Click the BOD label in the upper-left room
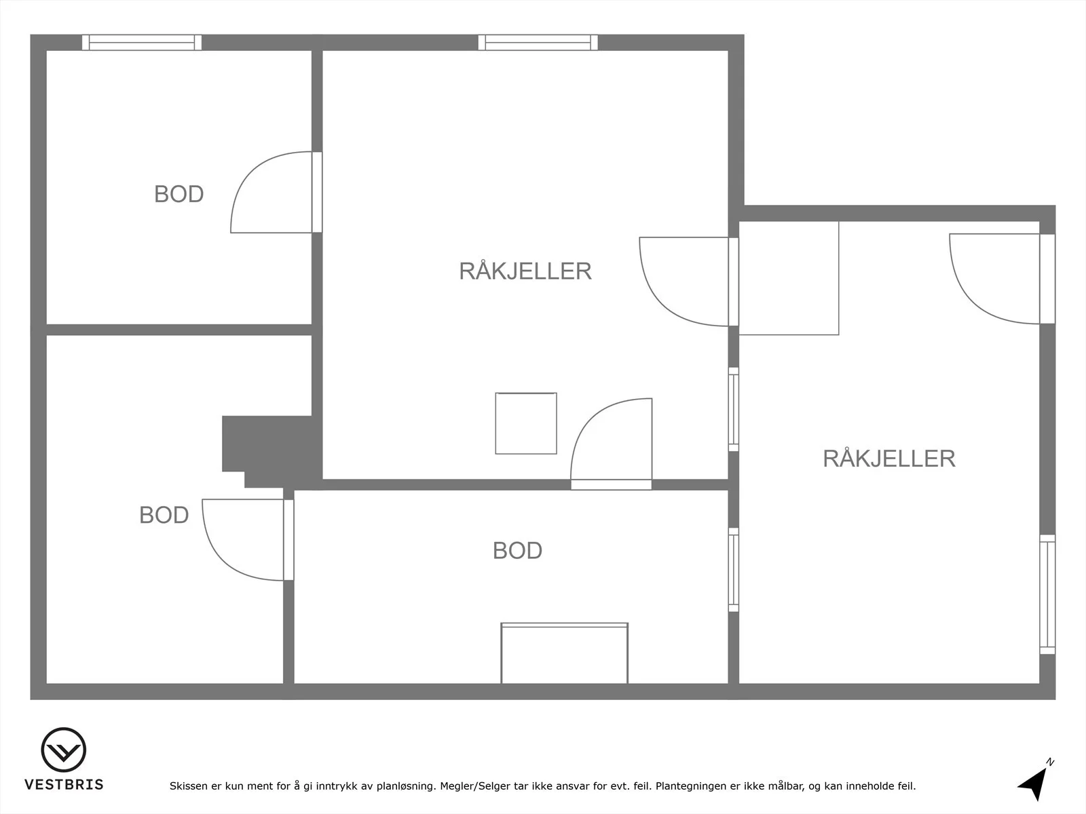179,194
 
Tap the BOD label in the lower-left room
164,516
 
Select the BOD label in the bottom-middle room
517,551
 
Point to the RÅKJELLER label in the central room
525,271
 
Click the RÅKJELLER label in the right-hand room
889,459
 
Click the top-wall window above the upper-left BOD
142,43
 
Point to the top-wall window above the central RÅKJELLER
538,43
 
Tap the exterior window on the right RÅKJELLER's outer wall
1047,594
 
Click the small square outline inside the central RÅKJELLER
526,423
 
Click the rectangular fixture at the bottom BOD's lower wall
565,653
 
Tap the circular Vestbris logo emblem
63,750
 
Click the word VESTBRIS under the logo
64,784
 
